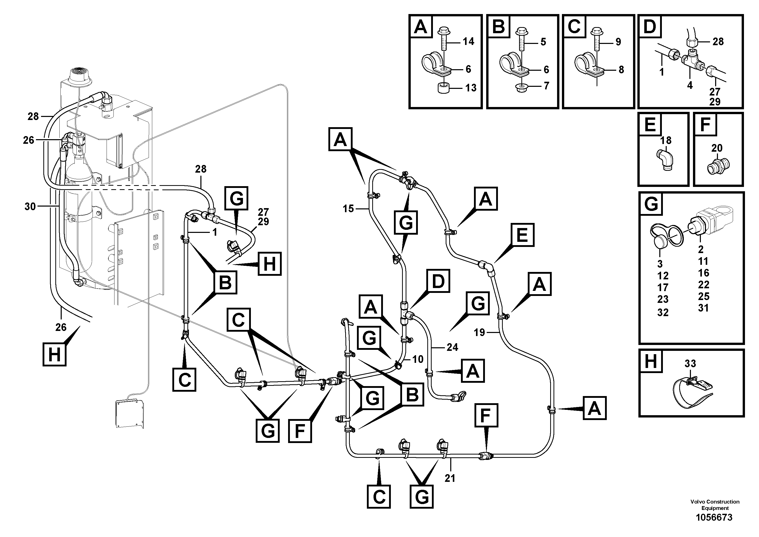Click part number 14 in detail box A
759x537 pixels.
pyautogui.click(x=468, y=41)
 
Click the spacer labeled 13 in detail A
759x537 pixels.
pyautogui.click(x=444, y=88)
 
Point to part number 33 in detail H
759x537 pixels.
pyautogui.click(x=690, y=364)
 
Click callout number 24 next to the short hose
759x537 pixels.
pyautogui.click(x=452, y=347)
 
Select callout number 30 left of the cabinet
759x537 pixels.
pyautogui.click(x=30, y=207)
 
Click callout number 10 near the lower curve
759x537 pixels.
pyautogui.click(x=418, y=359)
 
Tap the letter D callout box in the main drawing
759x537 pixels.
pyautogui.click(x=438, y=281)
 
